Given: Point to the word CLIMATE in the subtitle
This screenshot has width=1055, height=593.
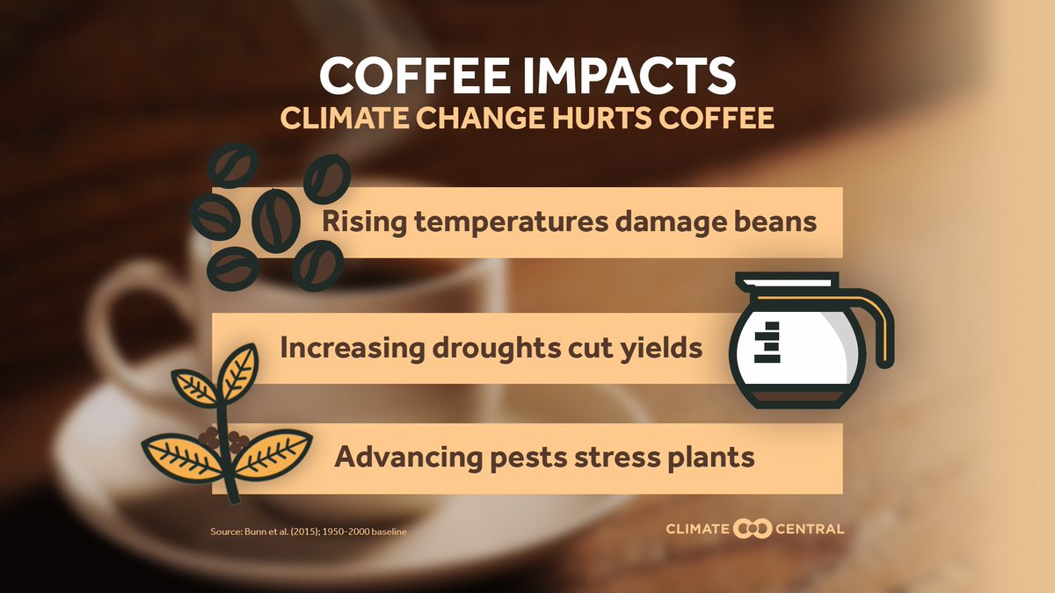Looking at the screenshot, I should point(346,119).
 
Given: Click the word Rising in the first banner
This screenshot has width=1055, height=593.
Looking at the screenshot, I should point(354,222).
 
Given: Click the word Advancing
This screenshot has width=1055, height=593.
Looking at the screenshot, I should point(404,458).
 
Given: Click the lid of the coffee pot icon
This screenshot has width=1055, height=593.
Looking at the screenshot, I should point(785,283).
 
